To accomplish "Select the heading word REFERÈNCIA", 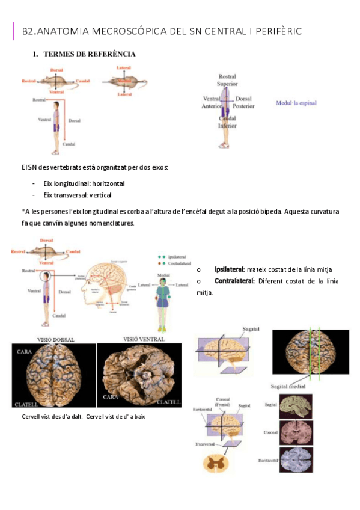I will pos(111,54).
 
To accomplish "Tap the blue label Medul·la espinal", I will pos(296,103).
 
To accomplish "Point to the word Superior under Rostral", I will pos(227,84).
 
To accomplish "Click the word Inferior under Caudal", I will pos(227,126).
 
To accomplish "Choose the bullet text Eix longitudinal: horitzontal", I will pos(84,183).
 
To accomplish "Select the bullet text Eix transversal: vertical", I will pos(78,195).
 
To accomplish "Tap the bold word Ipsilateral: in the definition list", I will pos(230,269).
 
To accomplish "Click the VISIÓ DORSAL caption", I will pos(56,340).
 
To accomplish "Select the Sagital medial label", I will pos(288,387).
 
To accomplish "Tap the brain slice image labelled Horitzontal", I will pos(296,461).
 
